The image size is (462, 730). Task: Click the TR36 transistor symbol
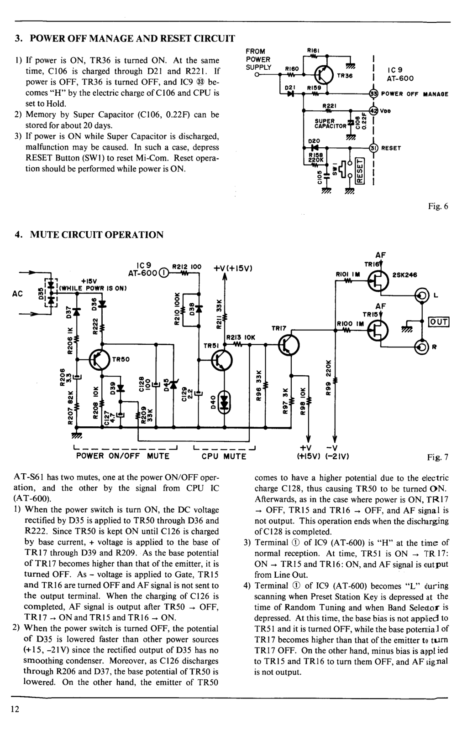pyautogui.click(x=323, y=75)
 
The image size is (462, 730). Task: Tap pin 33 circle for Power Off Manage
pyautogui.click(x=373, y=94)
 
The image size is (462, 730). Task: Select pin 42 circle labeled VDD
pyautogui.click(x=373, y=110)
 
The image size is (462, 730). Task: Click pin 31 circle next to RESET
pyautogui.click(x=373, y=148)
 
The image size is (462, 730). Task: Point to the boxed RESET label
pyautogui.click(x=360, y=171)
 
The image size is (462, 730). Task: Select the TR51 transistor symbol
pyautogui.click(x=222, y=360)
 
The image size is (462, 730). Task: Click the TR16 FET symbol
pyautogui.click(x=378, y=281)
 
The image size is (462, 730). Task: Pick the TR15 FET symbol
pyautogui.click(x=378, y=331)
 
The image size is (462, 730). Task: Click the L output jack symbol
pyautogui.click(x=421, y=295)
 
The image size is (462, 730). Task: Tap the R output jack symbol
pyautogui.click(x=421, y=347)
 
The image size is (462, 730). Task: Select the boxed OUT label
pyautogui.click(x=439, y=321)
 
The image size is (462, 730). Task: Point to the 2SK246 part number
pyautogui.click(x=404, y=275)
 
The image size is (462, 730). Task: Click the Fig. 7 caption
pyautogui.click(x=438, y=457)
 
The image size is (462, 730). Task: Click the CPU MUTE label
pyautogui.click(x=224, y=456)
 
